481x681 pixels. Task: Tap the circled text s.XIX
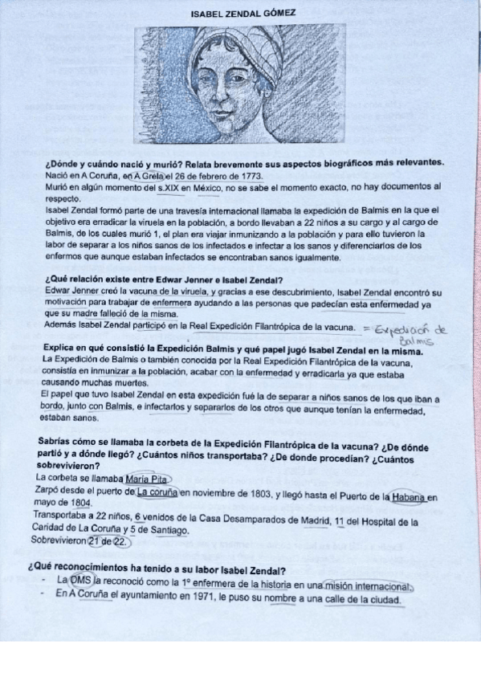167,187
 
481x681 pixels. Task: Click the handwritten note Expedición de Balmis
418,333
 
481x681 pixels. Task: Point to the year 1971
195,596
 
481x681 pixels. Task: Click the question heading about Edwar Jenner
158,280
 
